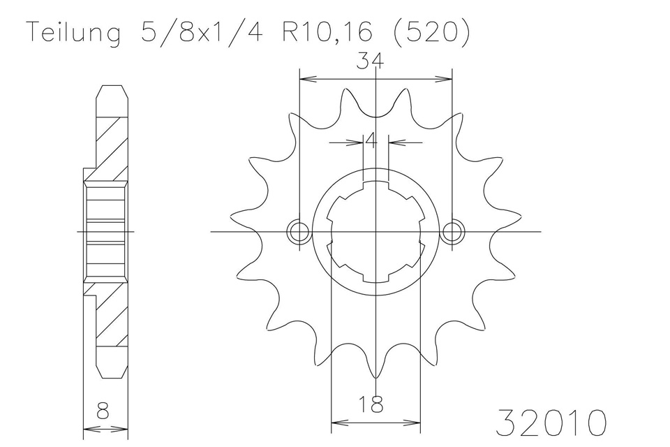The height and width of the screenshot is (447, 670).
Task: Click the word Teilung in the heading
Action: coord(74,32)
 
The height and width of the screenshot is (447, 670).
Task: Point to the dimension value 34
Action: coord(371,62)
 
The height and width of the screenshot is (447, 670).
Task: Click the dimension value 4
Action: coord(371,140)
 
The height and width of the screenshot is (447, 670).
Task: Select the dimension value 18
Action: coord(371,404)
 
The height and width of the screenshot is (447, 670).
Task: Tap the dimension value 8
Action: coord(103,411)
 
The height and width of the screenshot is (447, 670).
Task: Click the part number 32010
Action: coord(551,423)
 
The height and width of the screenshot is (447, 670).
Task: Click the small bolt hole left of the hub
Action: coord(298,233)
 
